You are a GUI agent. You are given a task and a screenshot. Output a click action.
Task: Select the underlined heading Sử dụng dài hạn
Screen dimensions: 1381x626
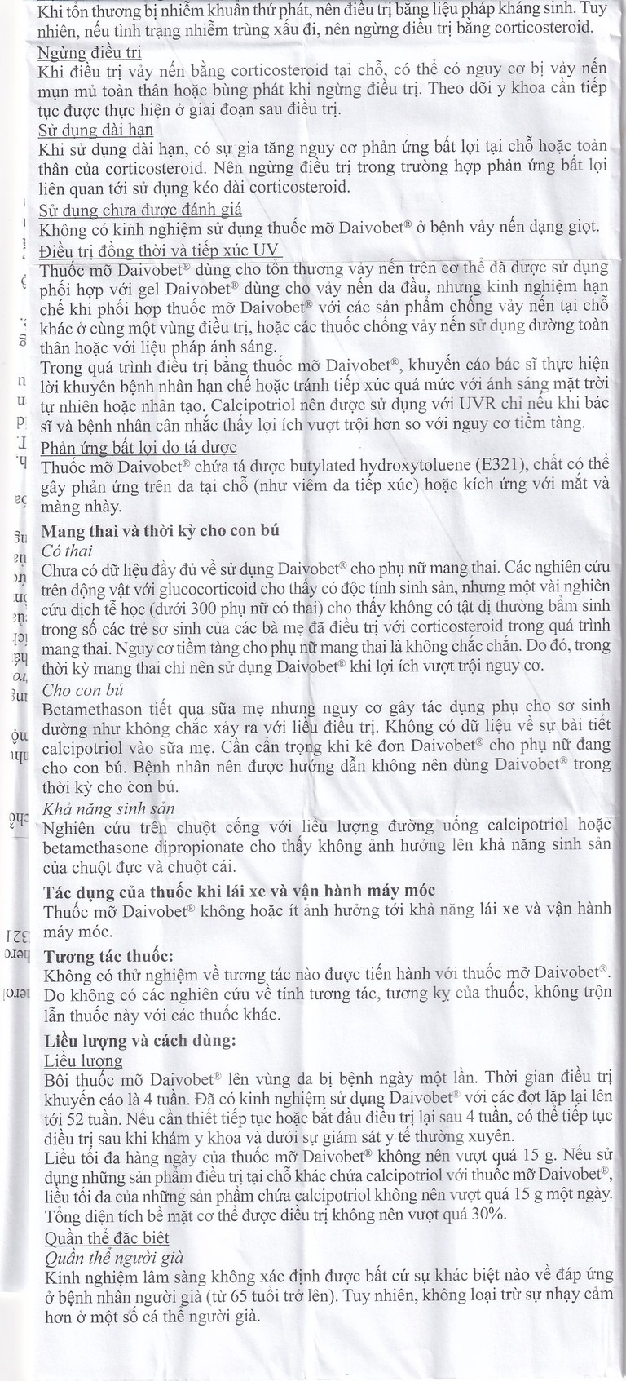96,129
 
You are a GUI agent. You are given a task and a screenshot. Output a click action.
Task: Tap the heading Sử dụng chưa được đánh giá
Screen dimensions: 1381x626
140,208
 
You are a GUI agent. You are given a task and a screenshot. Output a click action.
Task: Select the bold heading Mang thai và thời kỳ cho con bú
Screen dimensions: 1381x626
161,530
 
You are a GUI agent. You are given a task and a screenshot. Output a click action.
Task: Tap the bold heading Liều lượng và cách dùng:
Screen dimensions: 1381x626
139,1042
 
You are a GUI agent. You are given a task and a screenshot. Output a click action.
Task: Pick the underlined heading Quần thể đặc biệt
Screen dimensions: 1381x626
106,1238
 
